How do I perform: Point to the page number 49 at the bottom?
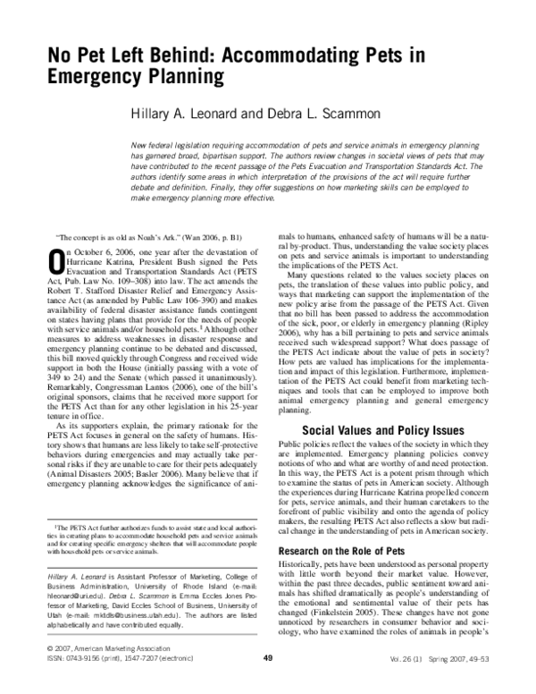coord(268,683)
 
